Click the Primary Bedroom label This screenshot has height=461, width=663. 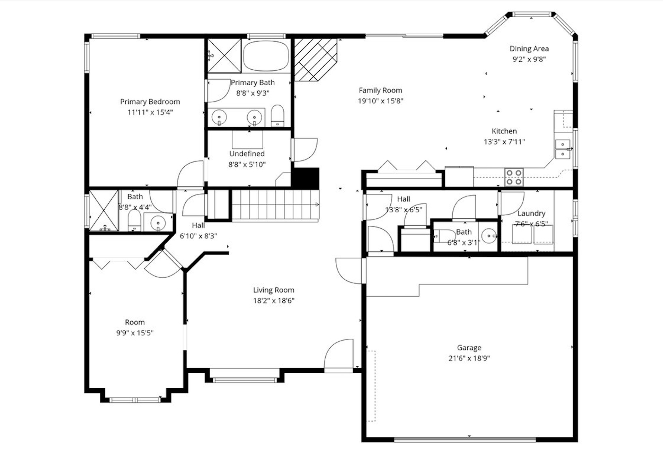(150, 102)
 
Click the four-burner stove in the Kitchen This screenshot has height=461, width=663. (514, 177)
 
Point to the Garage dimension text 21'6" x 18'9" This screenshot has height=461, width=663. (469, 358)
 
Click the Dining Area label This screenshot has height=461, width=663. (529, 49)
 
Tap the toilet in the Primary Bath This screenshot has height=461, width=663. (277, 116)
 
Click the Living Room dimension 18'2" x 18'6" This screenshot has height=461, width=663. (274, 301)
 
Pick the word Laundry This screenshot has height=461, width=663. (531, 214)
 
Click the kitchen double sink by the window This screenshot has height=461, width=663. (563, 149)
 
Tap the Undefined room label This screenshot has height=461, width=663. (247, 154)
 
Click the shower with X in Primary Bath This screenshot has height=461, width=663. (224, 56)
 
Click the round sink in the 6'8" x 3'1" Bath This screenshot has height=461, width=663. (489, 236)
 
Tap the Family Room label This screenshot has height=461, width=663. (380, 90)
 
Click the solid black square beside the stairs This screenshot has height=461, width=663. (306, 178)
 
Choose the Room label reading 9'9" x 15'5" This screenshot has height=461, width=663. (135, 333)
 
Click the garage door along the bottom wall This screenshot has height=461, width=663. (465, 440)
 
